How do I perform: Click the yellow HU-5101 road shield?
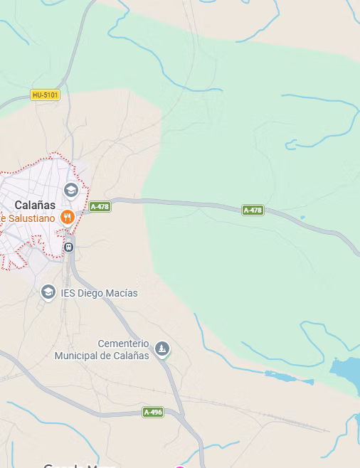(46, 95)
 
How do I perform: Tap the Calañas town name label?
(35, 206)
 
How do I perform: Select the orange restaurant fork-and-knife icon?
(68, 217)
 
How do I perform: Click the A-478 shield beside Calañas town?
(100, 207)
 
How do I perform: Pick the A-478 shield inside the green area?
(253, 210)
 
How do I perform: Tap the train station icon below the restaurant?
(68, 247)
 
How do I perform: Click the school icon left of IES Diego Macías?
(48, 292)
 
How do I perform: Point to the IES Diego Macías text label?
(99, 293)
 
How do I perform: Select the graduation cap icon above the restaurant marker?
(70, 190)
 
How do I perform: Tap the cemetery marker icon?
(163, 349)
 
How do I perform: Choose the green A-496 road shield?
(153, 412)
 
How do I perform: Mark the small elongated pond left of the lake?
(288, 377)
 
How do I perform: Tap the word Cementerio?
(123, 343)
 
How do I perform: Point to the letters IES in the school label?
(68, 293)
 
